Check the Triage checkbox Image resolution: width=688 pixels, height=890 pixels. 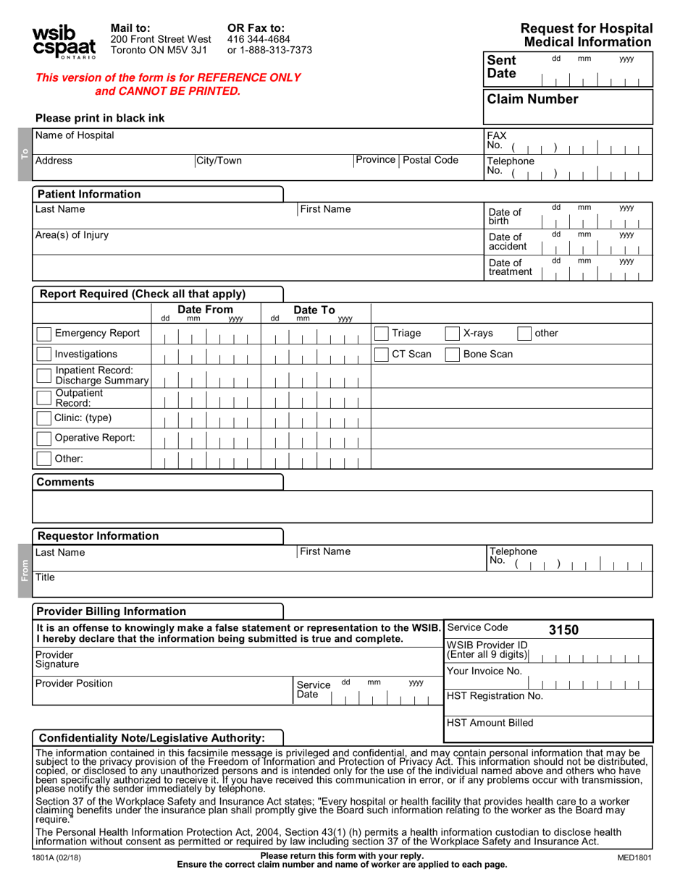(x=380, y=334)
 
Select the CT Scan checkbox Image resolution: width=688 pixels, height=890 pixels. (x=380, y=355)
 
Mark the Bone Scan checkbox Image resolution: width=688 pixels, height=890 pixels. (x=452, y=355)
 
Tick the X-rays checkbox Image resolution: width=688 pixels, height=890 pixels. (x=452, y=334)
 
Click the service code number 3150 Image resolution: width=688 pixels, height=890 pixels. (x=563, y=630)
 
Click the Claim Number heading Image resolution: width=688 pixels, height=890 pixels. (x=533, y=99)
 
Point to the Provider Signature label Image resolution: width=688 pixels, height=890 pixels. (x=57, y=659)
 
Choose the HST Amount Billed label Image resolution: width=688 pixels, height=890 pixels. (x=490, y=723)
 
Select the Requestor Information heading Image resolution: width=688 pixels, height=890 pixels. (x=98, y=536)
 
